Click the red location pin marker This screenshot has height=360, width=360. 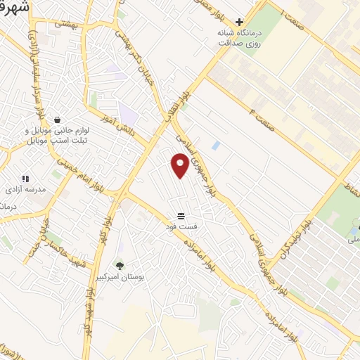coord(180,166)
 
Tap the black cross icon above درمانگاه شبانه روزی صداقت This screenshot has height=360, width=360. coord(239,21)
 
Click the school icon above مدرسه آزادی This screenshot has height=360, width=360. coord(26,179)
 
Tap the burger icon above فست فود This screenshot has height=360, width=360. coord(181,215)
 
